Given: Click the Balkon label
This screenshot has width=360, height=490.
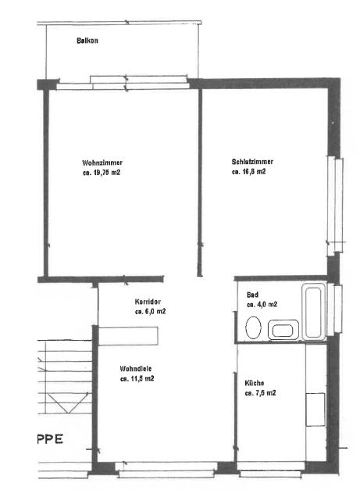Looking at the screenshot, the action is pyautogui.click(x=87, y=41).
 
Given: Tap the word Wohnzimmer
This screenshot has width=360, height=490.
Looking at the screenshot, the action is pyautogui.click(x=102, y=163).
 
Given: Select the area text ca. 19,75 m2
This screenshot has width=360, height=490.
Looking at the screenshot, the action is pyautogui.click(x=102, y=173).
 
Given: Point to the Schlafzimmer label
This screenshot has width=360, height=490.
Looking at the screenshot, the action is pyautogui.click(x=252, y=162).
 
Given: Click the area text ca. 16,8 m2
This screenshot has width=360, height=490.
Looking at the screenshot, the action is pyautogui.click(x=249, y=172).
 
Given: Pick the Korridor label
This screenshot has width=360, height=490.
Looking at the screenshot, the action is pyautogui.click(x=148, y=302).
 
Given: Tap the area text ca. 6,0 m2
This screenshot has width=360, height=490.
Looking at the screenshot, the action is pyautogui.click(x=150, y=312).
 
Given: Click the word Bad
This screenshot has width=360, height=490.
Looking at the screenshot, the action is pyautogui.click(x=252, y=295).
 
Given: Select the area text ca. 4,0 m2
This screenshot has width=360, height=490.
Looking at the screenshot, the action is pyautogui.click(x=262, y=304).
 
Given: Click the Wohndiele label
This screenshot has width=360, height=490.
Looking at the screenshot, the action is pyautogui.click(x=136, y=369).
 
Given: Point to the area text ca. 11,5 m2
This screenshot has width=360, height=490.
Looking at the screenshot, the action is pyautogui.click(x=137, y=379).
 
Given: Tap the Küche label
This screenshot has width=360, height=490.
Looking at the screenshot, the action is pyautogui.click(x=255, y=383).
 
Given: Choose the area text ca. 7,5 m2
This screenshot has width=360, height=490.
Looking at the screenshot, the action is pyautogui.click(x=260, y=393).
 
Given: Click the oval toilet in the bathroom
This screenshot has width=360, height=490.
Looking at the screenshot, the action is pyautogui.click(x=253, y=327).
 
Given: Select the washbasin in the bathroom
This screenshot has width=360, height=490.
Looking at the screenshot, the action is pyautogui.click(x=283, y=330).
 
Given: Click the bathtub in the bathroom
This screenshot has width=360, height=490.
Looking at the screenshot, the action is pyautogui.click(x=313, y=312).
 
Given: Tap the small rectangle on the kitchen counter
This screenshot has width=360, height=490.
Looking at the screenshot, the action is pyautogui.click(x=315, y=410).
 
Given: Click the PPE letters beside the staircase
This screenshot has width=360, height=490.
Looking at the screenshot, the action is pyautogui.click(x=50, y=438).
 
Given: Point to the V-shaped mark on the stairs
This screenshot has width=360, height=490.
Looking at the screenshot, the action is pyautogui.click(x=67, y=403).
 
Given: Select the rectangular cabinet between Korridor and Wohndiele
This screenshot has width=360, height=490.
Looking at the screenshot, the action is pyautogui.click(x=128, y=336).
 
